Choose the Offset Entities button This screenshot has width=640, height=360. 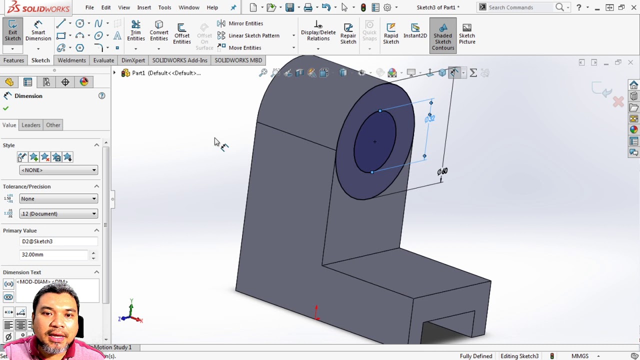(x=182, y=33)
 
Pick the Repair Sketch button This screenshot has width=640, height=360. (x=348, y=33)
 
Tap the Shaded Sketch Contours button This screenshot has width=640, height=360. (x=442, y=35)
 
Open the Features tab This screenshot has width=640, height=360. (x=13, y=60)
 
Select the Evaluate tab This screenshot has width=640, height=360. (x=103, y=60)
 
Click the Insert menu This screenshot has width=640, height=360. (x=144, y=7)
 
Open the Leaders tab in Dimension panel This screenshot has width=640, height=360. (x=31, y=125)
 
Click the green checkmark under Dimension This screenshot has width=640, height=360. (x=6, y=108)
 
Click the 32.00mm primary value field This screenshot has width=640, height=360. (x=54, y=254)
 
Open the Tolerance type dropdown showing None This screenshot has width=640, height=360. (x=58, y=199)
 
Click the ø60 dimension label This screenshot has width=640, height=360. (x=442, y=171)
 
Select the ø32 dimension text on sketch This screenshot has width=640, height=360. (x=429, y=118)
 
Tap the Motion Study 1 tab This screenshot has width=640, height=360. (x=113, y=347)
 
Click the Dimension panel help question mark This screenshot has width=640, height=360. (x=101, y=96)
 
